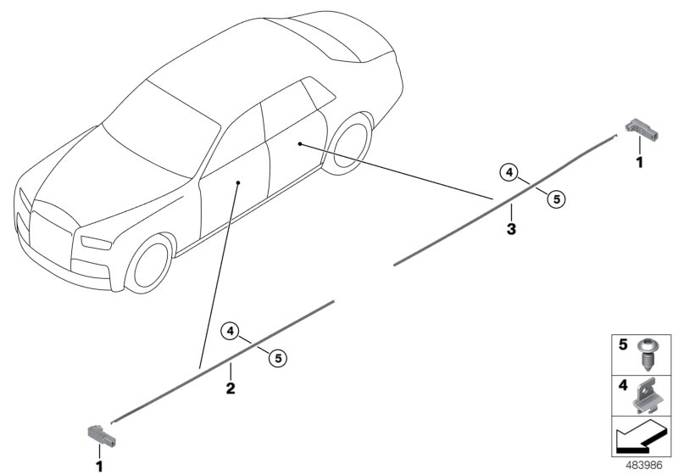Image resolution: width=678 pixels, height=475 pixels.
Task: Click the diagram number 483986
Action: [x=644, y=466]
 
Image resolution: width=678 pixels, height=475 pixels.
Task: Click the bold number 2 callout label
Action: [x=231, y=388]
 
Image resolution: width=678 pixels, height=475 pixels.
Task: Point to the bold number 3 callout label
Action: [x=511, y=229]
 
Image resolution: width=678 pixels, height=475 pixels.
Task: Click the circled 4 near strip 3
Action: [x=509, y=172]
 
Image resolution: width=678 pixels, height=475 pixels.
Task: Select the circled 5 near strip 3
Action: [x=556, y=199]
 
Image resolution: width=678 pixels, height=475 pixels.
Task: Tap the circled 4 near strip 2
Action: [x=231, y=332]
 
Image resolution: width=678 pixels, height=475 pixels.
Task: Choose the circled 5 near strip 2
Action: [x=278, y=358]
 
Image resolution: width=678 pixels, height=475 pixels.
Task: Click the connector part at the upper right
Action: [x=641, y=130]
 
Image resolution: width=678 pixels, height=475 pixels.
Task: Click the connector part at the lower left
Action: [x=102, y=435]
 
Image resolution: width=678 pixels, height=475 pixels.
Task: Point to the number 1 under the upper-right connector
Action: [x=639, y=162]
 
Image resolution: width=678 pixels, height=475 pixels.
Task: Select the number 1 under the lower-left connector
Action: [x=99, y=467]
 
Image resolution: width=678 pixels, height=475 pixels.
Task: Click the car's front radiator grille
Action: [x=51, y=236]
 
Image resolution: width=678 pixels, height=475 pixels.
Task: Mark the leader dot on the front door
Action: [x=238, y=183]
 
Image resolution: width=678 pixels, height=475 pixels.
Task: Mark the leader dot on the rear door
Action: [x=300, y=143]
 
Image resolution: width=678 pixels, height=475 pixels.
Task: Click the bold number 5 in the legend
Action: [x=623, y=344]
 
